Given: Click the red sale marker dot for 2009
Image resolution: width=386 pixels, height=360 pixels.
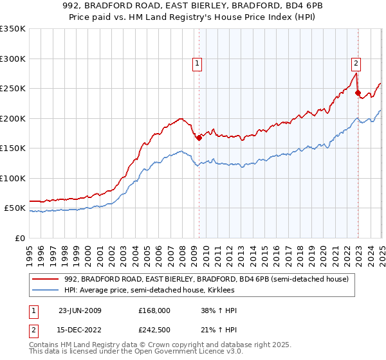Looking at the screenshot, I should (199, 137).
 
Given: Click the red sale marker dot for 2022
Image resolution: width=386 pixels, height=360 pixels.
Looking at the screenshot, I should (358, 93).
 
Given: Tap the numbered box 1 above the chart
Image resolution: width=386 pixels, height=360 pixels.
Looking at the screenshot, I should (196, 63).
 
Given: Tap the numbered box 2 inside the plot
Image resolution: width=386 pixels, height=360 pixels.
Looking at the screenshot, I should (356, 63).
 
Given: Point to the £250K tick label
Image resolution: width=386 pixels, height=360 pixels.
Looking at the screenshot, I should (12, 89).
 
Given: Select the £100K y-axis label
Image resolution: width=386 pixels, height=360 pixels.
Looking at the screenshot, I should (12, 178).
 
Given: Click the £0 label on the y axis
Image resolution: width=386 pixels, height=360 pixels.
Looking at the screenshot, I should (19, 238).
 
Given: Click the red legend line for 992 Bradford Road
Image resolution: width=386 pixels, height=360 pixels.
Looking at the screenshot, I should (46, 279).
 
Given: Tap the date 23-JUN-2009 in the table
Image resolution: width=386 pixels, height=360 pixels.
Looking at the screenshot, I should (80, 310).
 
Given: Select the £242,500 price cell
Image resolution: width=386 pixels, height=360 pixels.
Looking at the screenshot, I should (154, 330).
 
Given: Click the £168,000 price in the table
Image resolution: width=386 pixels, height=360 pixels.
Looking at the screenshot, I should (154, 310).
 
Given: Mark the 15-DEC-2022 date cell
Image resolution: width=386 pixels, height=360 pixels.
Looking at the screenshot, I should (80, 330).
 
